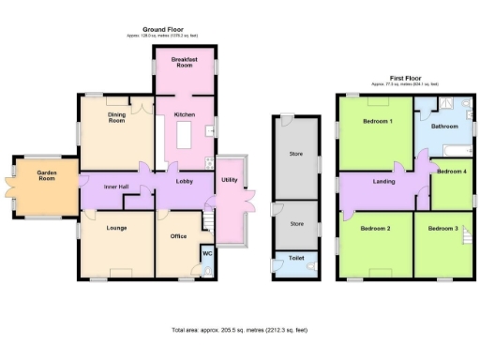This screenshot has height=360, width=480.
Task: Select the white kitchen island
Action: point(184,138)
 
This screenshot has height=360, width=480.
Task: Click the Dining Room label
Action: point(116,117)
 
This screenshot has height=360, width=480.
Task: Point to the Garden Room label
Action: point(47,176)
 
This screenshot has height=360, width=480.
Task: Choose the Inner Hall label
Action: point(116,187)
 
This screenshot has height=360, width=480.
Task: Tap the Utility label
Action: point(229,179)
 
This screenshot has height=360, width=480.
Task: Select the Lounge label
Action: point(116,228)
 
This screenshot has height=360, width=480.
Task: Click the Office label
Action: point(178,235)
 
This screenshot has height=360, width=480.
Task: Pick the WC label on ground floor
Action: point(206,253)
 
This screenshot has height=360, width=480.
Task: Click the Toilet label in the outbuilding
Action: point(295,256)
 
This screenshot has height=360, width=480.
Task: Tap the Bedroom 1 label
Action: point(377,121)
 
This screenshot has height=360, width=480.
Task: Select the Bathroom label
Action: point(443,126)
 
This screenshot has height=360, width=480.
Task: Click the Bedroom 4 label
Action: point(452,171)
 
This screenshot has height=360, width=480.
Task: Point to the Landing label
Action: point(383,181)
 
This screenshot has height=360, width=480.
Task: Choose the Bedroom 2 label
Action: point(375,228)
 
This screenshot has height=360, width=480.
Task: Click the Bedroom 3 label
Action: point(442,228)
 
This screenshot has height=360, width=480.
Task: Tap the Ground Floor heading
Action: point(159,29)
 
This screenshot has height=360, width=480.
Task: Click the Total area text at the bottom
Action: point(239,330)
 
